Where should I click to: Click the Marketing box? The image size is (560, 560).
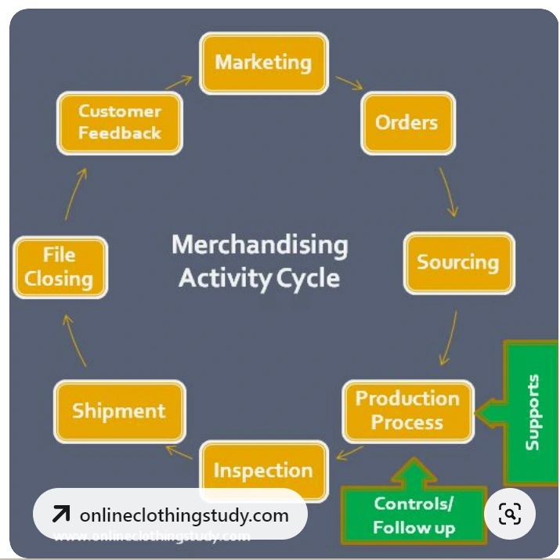coord(263,63)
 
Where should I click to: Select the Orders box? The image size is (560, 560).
coord(406,122)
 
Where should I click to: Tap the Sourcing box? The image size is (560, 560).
coord(458,262)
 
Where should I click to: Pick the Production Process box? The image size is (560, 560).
coord(407,410)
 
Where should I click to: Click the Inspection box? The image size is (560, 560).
coord(263,470)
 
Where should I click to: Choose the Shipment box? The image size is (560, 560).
coord(119,411)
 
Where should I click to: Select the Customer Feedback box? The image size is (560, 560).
coord(119,122)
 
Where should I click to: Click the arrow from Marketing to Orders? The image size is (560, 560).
coord(349,81)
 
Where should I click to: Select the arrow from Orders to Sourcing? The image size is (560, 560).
coord(448,191)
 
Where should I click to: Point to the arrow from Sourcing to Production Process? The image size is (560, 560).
coord(450,335)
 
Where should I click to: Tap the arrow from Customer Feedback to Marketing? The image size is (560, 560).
coord(178,82)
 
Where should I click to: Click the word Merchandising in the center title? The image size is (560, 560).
coord(259,245)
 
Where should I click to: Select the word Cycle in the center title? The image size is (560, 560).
coord(311,277)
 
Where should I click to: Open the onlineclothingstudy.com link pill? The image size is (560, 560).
coord(170,515)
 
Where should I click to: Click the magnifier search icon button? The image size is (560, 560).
coord(509,515)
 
